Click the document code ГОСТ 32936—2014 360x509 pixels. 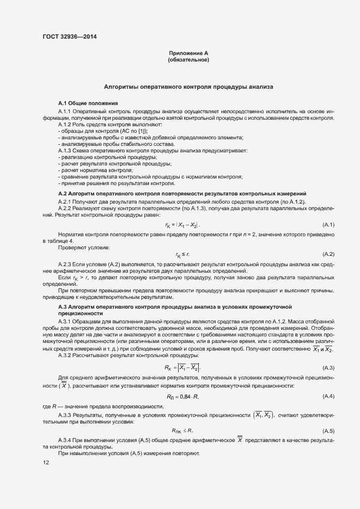(x=71, y=37)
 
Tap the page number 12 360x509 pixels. (x=45, y=463)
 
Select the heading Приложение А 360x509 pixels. (x=188, y=53)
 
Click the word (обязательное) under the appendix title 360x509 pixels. (x=188, y=60)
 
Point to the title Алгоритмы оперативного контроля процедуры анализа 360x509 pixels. (x=188, y=87)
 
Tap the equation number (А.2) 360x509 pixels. (x=328, y=254)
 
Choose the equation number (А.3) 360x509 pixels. (x=328, y=369)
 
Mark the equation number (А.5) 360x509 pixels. (x=328, y=430)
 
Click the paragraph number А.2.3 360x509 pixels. (x=66, y=263)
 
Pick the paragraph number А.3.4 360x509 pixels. (x=66, y=439)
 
